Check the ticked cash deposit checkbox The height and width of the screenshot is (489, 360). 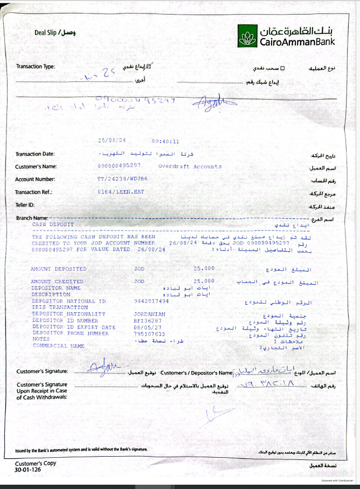(x=149, y=67)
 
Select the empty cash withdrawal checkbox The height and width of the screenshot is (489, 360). (x=284, y=68)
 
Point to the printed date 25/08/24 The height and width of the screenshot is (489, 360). (x=111, y=141)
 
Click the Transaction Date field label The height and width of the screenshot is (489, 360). (x=35, y=154)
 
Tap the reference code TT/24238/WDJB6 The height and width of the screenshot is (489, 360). (x=123, y=179)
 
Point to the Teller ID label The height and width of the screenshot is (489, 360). (x=25, y=205)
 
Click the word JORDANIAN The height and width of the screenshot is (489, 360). (x=149, y=314)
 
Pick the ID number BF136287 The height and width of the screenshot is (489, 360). (x=147, y=320)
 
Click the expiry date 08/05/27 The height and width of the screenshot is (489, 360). (x=147, y=327)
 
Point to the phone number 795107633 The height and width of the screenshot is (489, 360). (x=149, y=333)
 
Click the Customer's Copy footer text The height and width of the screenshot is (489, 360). (x=35, y=463)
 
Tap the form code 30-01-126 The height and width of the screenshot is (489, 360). (x=27, y=470)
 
